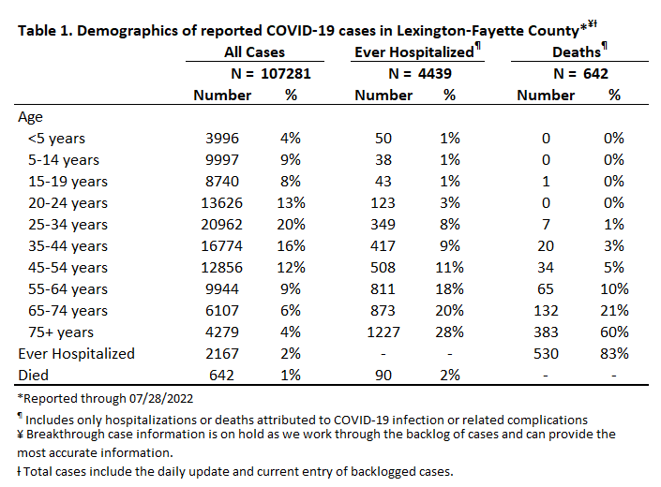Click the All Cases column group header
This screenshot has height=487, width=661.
[254, 52]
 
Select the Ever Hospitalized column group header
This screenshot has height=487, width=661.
[414, 52]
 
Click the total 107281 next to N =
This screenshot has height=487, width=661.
[285, 74]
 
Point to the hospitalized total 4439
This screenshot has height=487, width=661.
[435, 74]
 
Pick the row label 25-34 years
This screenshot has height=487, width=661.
[68, 225]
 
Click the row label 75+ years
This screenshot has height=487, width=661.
[61, 332]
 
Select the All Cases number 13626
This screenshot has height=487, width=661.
[221, 203]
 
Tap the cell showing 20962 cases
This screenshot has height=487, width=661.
[221, 225]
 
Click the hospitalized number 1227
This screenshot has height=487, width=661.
[383, 332]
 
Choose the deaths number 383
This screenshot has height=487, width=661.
[546, 332]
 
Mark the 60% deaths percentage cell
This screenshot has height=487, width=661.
[614, 332]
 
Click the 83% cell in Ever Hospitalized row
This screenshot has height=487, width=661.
[614, 354]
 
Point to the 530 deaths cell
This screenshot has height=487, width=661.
[546, 354]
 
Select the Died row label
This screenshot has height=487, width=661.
[34, 376]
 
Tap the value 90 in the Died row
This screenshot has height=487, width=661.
[383, 376]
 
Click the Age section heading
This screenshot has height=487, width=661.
[30, 117]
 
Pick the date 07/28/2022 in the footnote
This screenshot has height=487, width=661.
[161, 399]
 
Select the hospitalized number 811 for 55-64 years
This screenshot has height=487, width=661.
[383, 289]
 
